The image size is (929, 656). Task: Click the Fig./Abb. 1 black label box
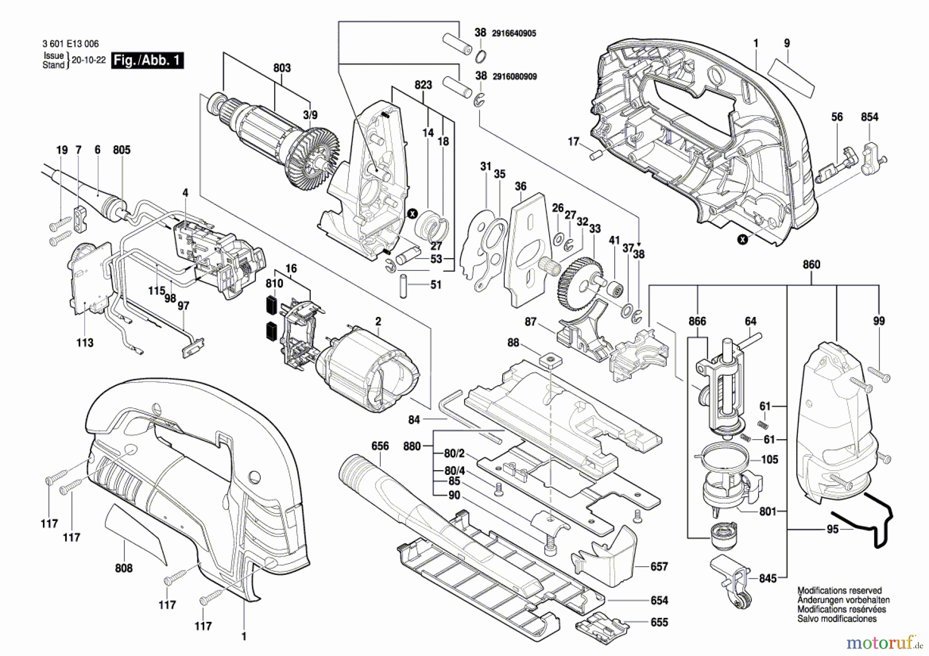pos(148,60)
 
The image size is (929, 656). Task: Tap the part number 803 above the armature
pos(282,68)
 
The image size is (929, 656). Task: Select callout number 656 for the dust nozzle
pos(380,446)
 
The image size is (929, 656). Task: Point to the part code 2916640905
pos(514,34)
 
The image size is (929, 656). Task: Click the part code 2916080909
pos(515,76)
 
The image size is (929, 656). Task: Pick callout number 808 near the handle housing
pos(124,568)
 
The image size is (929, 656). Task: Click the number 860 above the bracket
pos(811,265)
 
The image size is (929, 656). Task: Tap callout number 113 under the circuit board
pos(85,343)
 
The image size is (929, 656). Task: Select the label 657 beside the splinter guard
pos(659,567)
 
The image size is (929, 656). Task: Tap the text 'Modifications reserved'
pos(839,590)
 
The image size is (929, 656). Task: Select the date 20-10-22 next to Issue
pos(88,60)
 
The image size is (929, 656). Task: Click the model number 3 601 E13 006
pos(70,44)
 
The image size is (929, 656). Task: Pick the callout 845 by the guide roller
pos(768,579)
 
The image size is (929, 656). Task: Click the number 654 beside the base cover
pos(659,600)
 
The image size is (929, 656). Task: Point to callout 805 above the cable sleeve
pos(122,150)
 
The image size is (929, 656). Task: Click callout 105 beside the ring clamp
pos(770,459)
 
